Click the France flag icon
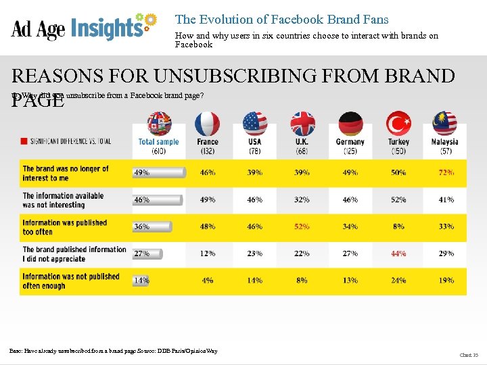click(x=207, y=124)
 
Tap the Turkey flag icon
click(x=398, y=124)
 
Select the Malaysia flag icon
click(x=444, y=124)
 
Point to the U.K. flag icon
click(x=302, y=124)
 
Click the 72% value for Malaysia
click(x=446, y=173)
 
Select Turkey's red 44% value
click(x=398, y=253)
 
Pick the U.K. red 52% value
click(x=302, y=227)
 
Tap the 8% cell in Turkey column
click(x=398, y=227)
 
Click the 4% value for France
click(x=208, y=281)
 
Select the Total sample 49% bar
click(x=159, y=173)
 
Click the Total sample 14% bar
click(x=141, y=281)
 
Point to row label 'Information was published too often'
click(x=65, y=227)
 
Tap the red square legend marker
click(x=24, y=141)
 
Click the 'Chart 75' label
click(x=469, y=355)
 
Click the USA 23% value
click(x=254, y=253)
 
